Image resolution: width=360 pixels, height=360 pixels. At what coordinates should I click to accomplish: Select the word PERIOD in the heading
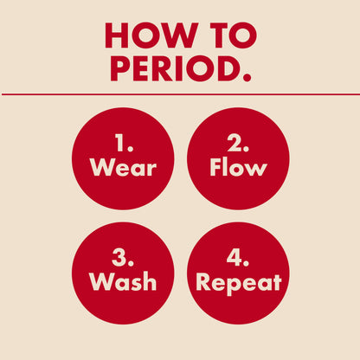(172, 67)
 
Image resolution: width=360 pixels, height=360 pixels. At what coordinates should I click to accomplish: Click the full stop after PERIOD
(248, 78)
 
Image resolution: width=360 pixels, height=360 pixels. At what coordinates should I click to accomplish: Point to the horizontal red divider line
(180, 93)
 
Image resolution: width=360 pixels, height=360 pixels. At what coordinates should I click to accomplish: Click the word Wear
(124, 167)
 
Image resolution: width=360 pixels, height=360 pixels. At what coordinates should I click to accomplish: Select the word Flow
(238, 167)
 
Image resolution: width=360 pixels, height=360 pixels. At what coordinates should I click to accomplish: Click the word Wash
(124, 282)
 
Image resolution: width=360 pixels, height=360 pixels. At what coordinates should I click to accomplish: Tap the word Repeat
(239, 283)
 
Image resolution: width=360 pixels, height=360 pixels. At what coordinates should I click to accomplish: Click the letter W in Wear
(100, 167)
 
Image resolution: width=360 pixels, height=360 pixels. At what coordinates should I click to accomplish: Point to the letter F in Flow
(215, 167)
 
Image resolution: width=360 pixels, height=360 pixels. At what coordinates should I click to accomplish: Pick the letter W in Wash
(100, 282)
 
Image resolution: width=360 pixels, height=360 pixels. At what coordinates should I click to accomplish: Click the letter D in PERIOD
(230, 67)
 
